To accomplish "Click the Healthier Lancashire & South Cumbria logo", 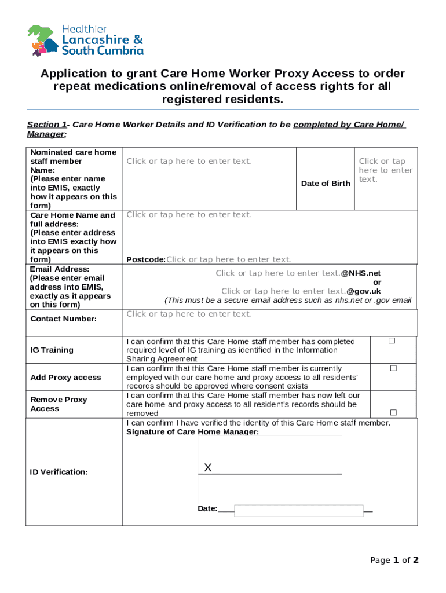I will coord(85,41).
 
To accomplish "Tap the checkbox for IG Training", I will coord(392,341).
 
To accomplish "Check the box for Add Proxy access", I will coord(393,368).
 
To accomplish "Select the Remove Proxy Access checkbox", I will coord(393,412).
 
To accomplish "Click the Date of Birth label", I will coord(325,184).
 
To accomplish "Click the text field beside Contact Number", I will coord(189,314).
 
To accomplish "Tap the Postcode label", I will coord(146,259).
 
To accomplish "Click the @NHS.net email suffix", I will coord(360,273).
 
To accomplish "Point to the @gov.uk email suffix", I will coord(364,291).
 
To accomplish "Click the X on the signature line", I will coord(208,467).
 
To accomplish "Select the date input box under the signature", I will coord(298,510).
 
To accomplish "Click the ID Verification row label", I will coord(59,473).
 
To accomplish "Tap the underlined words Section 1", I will coord(47,125).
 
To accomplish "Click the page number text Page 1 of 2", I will coord(394,560).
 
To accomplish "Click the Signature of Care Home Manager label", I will coord(192,432).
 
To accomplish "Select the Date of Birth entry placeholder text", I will coord(385,170).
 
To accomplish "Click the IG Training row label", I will coord(52,350).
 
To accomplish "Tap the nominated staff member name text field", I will coord(189,162).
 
